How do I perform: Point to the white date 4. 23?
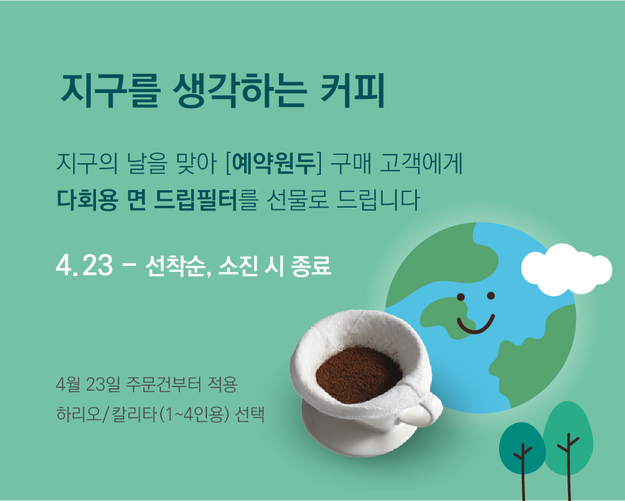(84, 266)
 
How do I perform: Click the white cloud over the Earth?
(566, 269)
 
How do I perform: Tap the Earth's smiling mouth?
(476, 325)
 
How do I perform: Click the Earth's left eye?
(461, 297)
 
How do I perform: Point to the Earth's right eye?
(491, 295)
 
